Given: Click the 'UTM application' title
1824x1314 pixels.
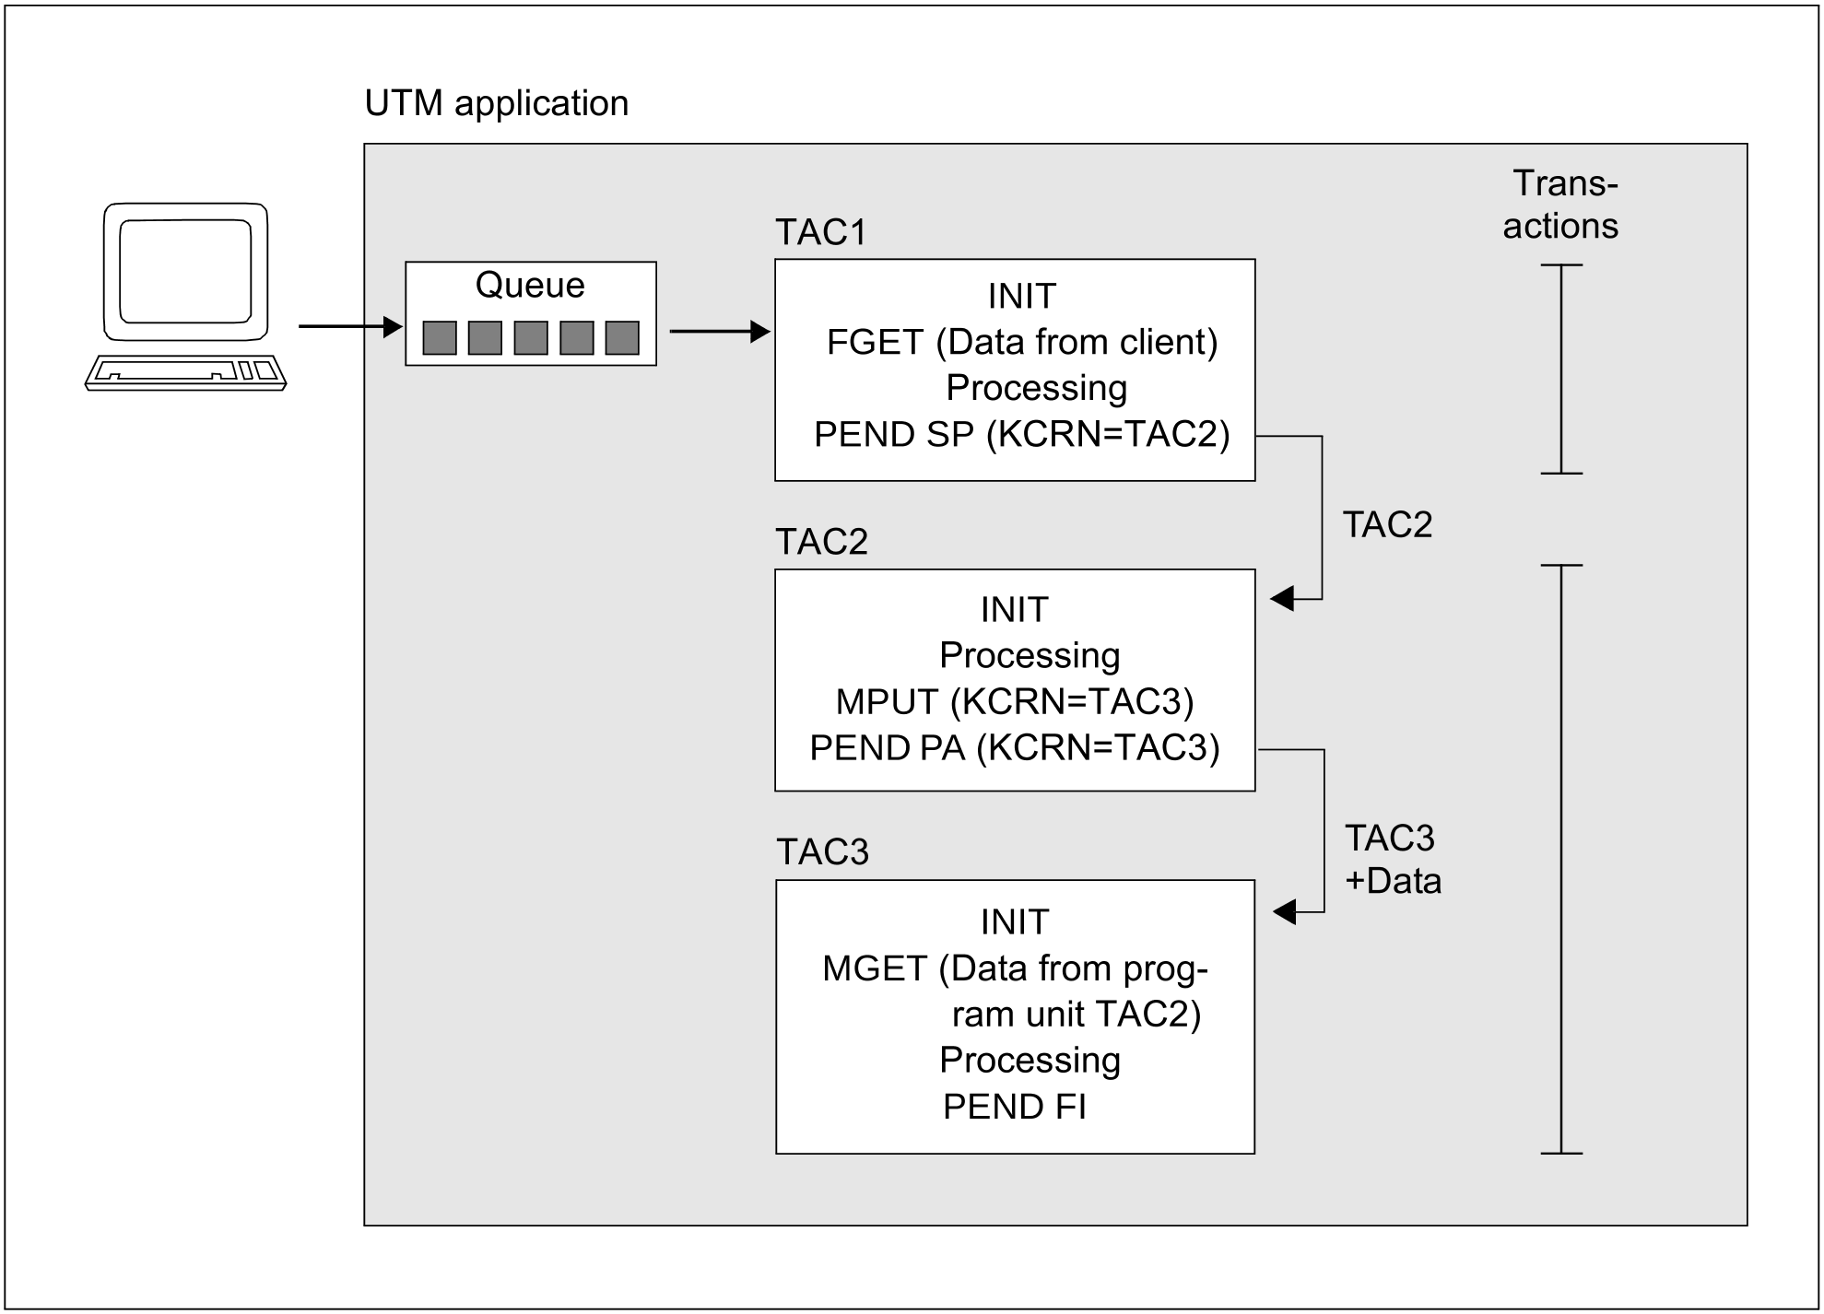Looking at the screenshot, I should point(496,103).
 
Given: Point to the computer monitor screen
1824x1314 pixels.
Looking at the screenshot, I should point(185,271).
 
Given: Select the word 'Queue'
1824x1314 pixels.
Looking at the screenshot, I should point(530,286).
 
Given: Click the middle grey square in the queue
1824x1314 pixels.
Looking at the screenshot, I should point(531,338).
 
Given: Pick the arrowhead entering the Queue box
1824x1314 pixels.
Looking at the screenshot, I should point(394,326).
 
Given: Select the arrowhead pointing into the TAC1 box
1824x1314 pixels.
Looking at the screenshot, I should point(761,332).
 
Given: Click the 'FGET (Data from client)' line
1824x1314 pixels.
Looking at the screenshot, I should point(1021,343).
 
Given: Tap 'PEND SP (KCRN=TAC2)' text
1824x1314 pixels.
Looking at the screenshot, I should point(1021,435).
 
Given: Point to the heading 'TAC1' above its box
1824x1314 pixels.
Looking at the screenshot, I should point(821,233).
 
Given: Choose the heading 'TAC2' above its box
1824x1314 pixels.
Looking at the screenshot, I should point(821,543).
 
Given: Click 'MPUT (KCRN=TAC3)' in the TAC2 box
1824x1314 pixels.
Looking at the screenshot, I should point(1014,702).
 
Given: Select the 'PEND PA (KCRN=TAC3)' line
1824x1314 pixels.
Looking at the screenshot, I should point(1014,748).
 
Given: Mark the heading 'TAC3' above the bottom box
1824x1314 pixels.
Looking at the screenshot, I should point(822,853).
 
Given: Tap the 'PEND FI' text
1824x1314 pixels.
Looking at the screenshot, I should point(1014,1107).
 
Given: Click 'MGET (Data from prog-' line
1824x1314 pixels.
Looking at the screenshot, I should point(1014,969).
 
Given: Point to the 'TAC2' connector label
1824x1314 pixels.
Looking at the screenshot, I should point(1387,525).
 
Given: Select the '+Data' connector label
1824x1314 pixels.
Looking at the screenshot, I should point(1393,882).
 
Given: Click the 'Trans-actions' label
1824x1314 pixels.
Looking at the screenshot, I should point(1561,205).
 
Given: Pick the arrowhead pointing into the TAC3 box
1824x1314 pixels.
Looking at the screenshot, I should point(1284,912).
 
